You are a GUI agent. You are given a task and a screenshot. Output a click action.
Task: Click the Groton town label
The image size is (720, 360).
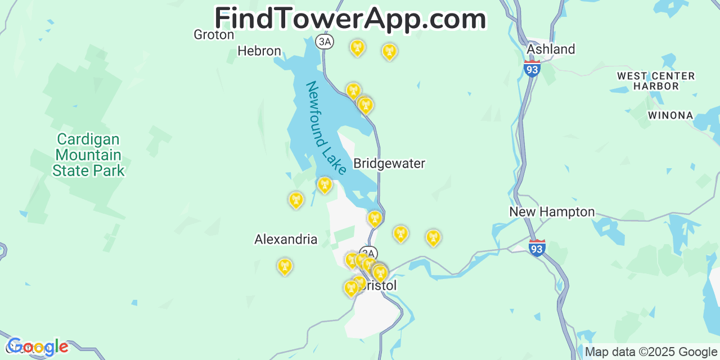(x=214, y=35)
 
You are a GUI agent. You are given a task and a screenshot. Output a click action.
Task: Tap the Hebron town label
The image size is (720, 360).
(x=259, y=51)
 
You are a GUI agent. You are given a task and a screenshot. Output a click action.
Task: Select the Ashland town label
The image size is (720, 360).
(x=551, y=49)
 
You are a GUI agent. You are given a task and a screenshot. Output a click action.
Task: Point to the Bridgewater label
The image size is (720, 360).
(x=389, y=164)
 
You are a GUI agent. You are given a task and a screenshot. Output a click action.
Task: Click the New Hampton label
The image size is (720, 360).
(x=552, y=212)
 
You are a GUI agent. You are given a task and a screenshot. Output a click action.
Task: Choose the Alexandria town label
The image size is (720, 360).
(x=286, y=240)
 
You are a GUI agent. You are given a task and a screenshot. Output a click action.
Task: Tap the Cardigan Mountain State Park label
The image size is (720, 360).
(x=88, y=155)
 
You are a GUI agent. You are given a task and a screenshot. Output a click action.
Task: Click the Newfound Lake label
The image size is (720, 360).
(x=326, y=128)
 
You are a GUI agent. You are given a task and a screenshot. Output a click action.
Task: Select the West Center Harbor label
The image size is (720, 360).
(x=656, y=81)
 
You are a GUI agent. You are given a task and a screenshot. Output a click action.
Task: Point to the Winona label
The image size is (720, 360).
(x=670, y=115)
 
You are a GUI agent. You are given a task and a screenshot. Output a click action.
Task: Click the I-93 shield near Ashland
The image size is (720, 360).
(x=532, y=69)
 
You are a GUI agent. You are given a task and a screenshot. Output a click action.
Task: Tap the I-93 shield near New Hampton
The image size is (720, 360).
(x=537, y=247)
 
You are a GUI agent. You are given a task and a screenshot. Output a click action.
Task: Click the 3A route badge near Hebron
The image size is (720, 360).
(x=325, y=42)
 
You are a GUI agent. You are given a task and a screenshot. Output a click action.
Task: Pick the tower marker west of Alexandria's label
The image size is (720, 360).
(x=285, y=266)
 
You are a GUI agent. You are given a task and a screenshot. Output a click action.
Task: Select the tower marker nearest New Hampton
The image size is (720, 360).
(x=433, y=237)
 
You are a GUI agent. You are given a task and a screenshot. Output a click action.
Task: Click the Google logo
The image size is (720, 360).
(x=38, y=347)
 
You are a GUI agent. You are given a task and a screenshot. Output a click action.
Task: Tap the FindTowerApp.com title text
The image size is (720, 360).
(x=350, y=19)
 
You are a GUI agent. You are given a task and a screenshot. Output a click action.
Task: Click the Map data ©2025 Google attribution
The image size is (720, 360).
(x=651, y=352)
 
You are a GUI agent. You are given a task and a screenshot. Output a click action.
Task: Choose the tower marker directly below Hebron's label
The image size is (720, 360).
(x=296, y=200)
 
